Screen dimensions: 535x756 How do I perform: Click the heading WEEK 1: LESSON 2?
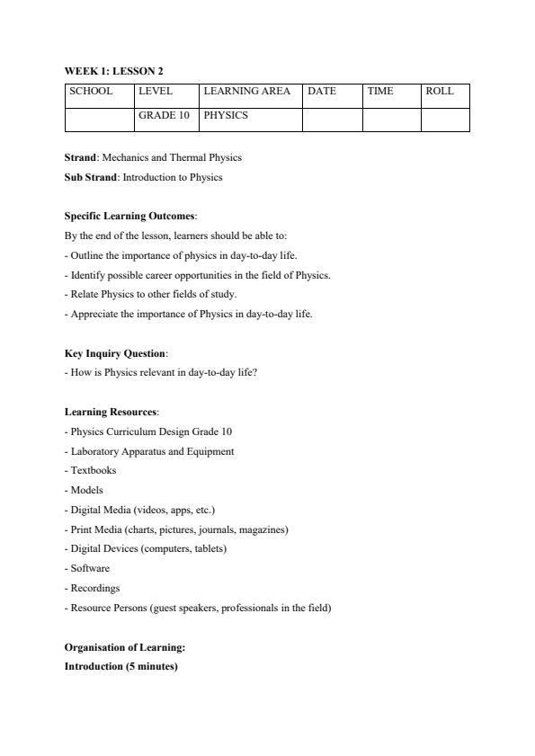[113, 71]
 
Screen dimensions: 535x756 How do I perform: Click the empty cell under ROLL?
[445, 120]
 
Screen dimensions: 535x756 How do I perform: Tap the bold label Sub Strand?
[90, 177]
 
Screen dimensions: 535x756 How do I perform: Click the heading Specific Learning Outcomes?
[129, 216]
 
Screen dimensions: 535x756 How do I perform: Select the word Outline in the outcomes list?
[85, 255]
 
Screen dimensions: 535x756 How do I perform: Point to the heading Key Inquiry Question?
[115, 353]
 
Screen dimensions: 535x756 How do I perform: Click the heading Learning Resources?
[111, 412]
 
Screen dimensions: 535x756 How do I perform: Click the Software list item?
[87, 568]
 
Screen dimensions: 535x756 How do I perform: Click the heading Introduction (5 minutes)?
[120, 666]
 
